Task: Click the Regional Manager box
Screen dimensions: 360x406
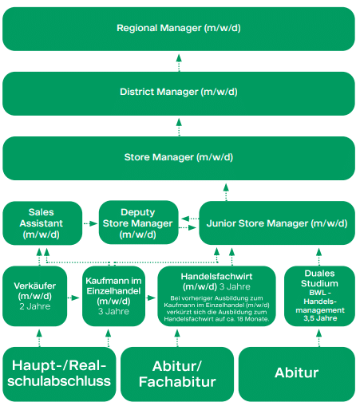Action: pyautogui.click(x=179, y=29)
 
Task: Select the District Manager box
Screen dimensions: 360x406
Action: pyautogui.click(x=179, y=93)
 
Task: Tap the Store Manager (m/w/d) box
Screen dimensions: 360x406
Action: pyautogui.click(x=179, y=158)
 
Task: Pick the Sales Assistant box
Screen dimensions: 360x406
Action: pyautogui.click(x=42, y=223)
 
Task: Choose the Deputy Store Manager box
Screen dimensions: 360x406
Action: pyautogui.click(x=138, y=223)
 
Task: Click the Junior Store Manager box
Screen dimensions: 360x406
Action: pyautogui.click(x=277, y=223)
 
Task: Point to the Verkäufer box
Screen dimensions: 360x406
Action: pyautogui.click(x=34, y=296)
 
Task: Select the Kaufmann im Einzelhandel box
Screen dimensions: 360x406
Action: pyautogui.click(x=113, y=296)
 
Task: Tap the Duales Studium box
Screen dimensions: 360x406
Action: pyautogui.click(x=319, y=296)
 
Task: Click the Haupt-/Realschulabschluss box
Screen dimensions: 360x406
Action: pyautogui.click(x=59, y=374)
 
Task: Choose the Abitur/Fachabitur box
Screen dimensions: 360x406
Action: pyautogui.click(x=177, y=374)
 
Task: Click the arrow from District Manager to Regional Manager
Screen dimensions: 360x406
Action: pyautogui.click(x=179, y=63)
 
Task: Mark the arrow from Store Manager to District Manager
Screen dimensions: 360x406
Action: pyautogui.click(x=179, y=128)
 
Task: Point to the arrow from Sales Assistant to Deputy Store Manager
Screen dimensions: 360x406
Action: pyautogui.click(x=91, y=223)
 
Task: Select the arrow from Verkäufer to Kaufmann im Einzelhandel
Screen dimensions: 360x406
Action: pyautogui.click(x=73, y=298)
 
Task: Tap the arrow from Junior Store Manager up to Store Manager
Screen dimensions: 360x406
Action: pyautogui.click(x=226, y=192)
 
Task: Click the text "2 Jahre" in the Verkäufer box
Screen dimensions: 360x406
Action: pyautogui.click(x=35, y=306)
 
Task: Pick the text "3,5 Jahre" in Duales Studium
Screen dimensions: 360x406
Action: pyautogui.click(x=320, y=318)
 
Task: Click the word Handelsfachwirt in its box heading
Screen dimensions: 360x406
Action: pyautogui.click(x=216, y=277)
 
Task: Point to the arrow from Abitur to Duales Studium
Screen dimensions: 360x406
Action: pyautogui.click(x=319, y=338)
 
